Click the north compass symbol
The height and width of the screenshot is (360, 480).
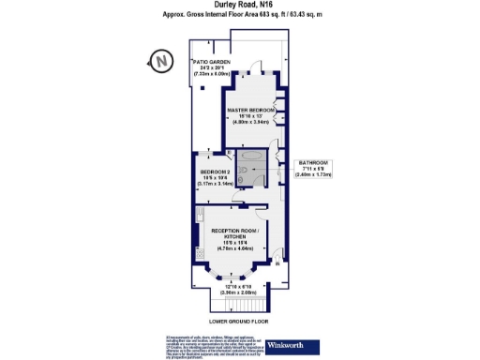161,63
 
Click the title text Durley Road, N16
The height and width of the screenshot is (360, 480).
239,7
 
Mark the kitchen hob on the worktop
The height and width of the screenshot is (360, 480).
199,246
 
